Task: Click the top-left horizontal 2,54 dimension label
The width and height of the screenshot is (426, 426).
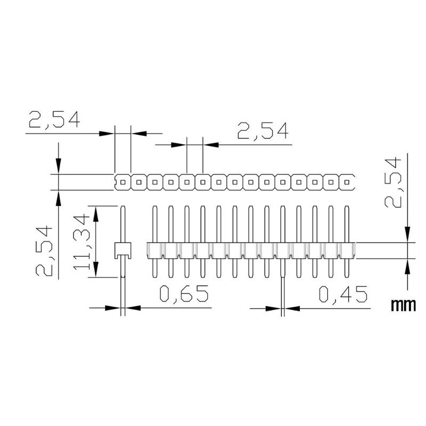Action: coord(54,120)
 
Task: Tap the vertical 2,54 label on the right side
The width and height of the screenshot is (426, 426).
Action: coord(395,183)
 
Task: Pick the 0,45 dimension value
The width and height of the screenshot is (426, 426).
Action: coord(343,294)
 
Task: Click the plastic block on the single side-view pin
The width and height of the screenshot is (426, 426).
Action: coord(123,249)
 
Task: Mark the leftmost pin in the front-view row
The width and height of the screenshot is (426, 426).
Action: coord(155,242)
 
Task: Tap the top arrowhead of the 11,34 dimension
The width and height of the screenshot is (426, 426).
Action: coord(96,212)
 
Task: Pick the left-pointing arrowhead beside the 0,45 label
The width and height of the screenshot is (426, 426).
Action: coord(292,308)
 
